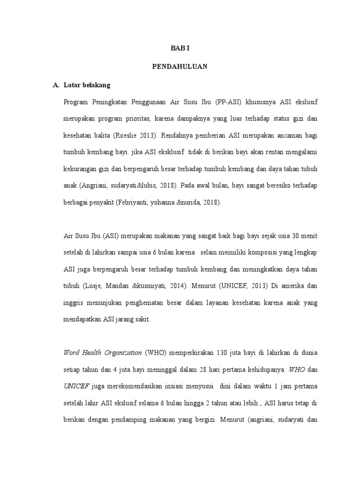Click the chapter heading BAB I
[x=180, y=48]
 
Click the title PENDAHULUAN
[x=180, y=67]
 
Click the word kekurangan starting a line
[x=80, y=169]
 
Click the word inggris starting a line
[x=74, y=302]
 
